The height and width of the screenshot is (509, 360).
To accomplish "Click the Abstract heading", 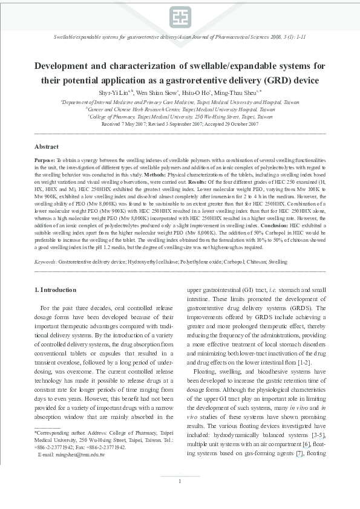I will (x=47, y=147).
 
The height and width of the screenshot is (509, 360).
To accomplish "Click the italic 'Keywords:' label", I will (x=46, y=262).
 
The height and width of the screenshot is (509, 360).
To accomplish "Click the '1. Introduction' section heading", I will (x=56, y=290).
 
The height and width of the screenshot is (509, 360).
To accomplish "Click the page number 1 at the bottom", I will (x=180, y=498).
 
